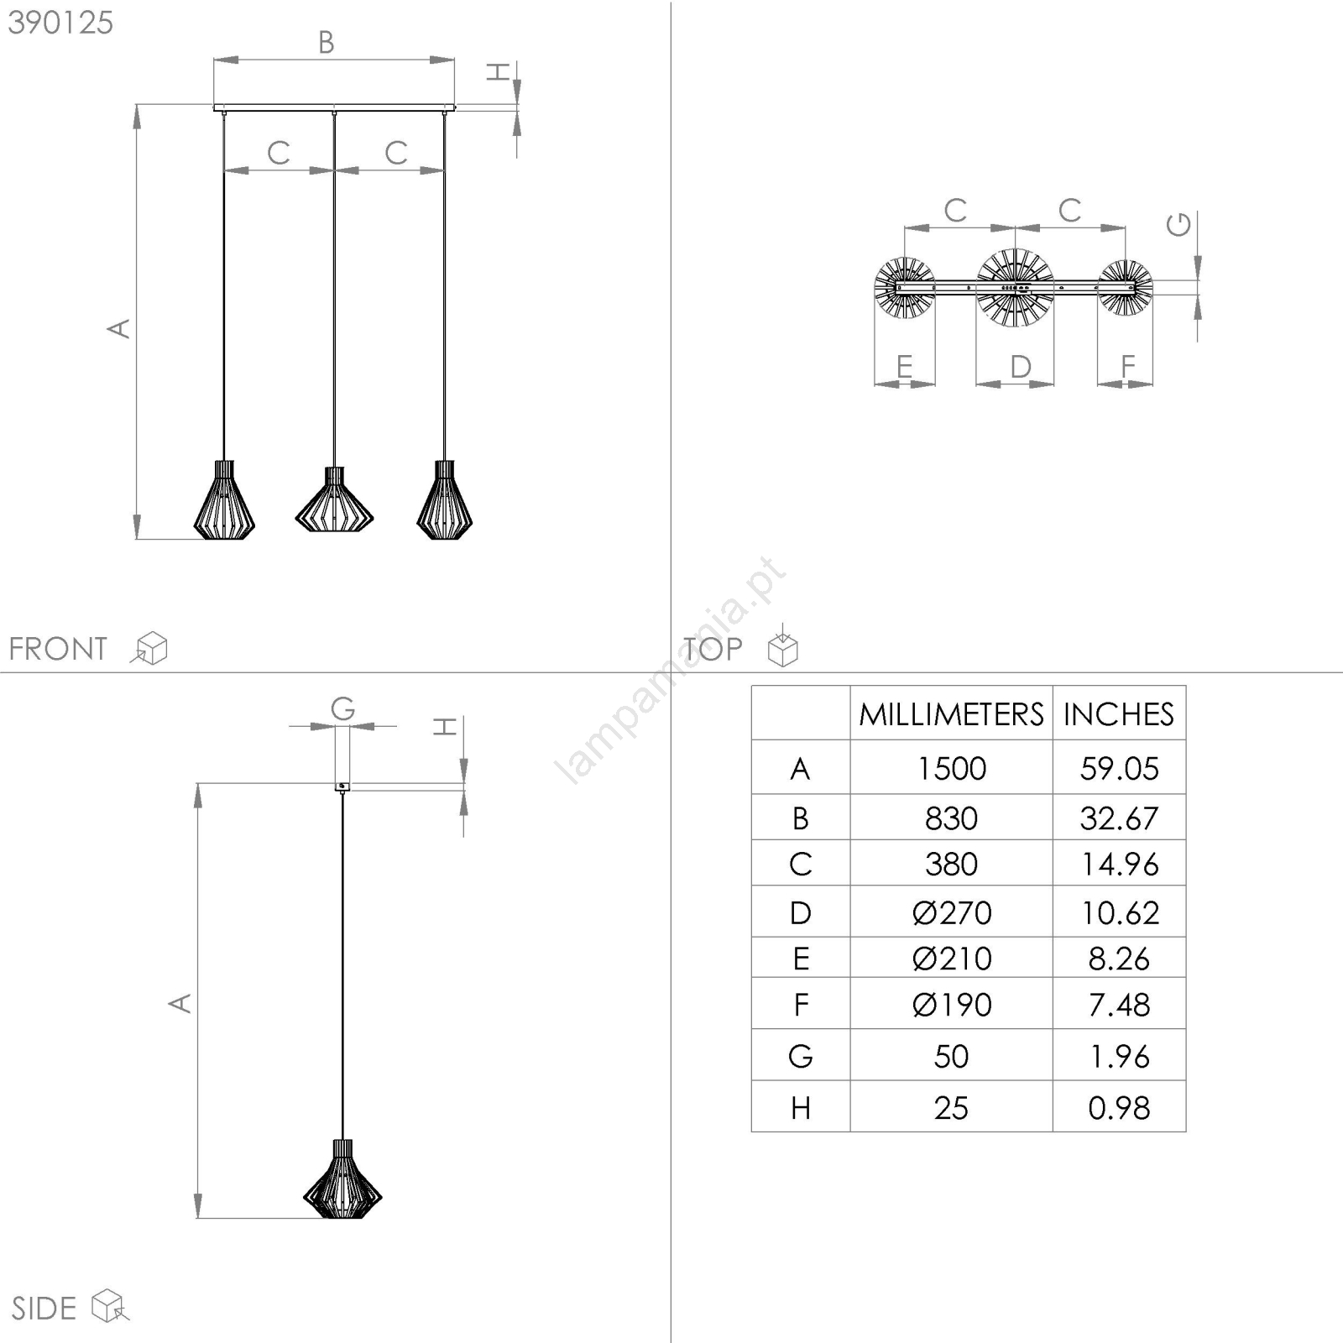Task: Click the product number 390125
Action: click(60, 23)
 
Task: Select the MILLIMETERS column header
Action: click(951, 714)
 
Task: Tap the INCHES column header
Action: click(1119, 714)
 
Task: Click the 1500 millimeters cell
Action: click(951, 768)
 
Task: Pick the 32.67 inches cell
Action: click(1119, 818)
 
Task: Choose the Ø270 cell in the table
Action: click(951, 912)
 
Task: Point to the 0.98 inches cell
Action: click(1119, 1108)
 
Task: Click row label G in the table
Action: click(801, 1056)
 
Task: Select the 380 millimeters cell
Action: click(951, 864)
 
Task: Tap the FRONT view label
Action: click(58, 649)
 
